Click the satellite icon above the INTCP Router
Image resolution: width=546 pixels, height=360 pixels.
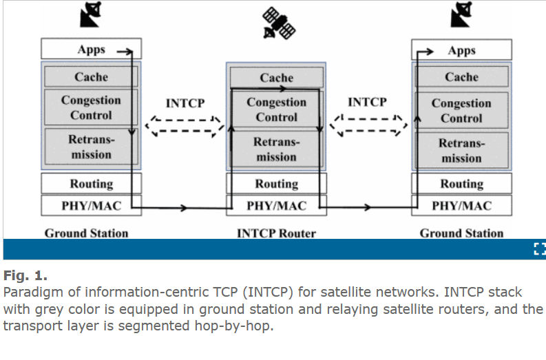coord(280,22)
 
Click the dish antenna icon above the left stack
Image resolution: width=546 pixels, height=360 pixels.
coord(91,15)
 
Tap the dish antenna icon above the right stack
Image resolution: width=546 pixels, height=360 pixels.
coord(462,15)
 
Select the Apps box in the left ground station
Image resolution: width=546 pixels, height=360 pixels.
coord(91,50)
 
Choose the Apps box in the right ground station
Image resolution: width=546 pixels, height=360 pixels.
coord(461,50)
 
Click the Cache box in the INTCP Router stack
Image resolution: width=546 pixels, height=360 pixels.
coord(276,77)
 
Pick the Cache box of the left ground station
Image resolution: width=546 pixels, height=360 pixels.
coord(91,76)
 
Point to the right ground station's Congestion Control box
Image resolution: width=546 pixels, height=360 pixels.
coord(461,110)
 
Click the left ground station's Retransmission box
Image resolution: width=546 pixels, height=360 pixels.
coord(91,147)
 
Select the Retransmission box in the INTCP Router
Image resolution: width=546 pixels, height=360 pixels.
coord(276,150)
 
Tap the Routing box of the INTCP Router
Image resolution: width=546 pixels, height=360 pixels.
coord(276,184)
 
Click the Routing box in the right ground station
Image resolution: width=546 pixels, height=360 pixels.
coord(461,184)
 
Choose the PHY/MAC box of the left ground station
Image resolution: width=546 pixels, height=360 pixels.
coord(91,204)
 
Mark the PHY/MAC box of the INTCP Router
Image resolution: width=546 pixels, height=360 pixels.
coord(276,205)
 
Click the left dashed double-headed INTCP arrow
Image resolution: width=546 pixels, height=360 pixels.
coord(185,126)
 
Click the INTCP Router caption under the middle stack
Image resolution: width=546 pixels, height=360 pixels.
coord(276,233)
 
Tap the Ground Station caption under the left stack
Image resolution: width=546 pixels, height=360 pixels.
coord(87,233)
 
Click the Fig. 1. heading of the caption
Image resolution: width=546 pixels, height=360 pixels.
coord(25,276)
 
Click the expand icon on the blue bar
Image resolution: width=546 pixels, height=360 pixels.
coord(539,249)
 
